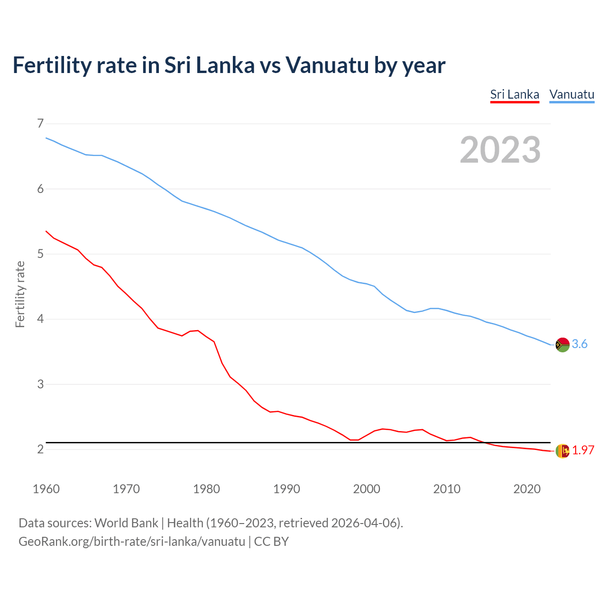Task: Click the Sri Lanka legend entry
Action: pos(515,94)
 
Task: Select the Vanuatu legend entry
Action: pos(571,94)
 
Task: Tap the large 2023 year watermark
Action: pos(500,150)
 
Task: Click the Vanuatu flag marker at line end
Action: pos(562,345)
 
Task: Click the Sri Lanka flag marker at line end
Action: pos(562,451)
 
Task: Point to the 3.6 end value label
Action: pos(579,344)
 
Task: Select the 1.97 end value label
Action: pos(583,451)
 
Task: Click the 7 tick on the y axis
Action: pos(40,124)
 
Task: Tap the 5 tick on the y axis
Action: pos(40,254)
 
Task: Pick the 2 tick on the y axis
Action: pos(40,449)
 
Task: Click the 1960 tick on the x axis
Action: pos(46,489)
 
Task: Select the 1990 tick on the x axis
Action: pos(286,489)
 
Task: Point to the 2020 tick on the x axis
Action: pos(527,489)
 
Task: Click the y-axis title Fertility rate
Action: pos(20,294)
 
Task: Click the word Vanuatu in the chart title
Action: pos(327,65)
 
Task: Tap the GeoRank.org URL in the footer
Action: pos(132,541)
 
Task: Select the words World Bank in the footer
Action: pos(126,523)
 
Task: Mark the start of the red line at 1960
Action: pos(46,231)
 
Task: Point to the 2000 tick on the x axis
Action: pos(367,489)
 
